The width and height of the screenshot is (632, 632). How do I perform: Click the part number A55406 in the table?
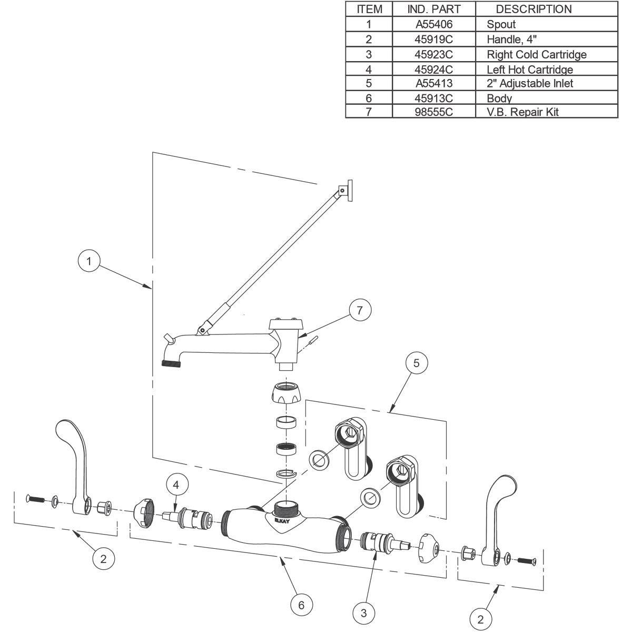click(434, 24)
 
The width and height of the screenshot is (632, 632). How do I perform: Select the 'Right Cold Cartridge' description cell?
click(537, 54)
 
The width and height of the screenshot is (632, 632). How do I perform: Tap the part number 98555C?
click(433, 112)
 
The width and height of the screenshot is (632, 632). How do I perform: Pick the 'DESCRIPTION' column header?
click(534, 9)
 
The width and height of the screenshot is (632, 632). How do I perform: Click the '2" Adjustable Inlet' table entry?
click(530, 83)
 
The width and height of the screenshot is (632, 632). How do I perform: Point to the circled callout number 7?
click(360, 310)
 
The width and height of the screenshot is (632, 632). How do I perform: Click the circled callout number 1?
click(89, 261)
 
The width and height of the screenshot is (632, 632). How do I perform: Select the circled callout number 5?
click(417, 363)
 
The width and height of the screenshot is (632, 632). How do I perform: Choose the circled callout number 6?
click(301, 605)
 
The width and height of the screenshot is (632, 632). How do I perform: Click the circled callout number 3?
click(364, 614)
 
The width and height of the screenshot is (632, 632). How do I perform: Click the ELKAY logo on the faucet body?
click(282, 520)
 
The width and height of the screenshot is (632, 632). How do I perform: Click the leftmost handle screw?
click(35, 499)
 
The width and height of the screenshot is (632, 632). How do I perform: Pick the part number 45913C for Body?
click(433, 98)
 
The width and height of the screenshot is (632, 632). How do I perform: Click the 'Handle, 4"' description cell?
click(511, 39)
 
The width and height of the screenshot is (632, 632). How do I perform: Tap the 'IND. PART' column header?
click(434, 9)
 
